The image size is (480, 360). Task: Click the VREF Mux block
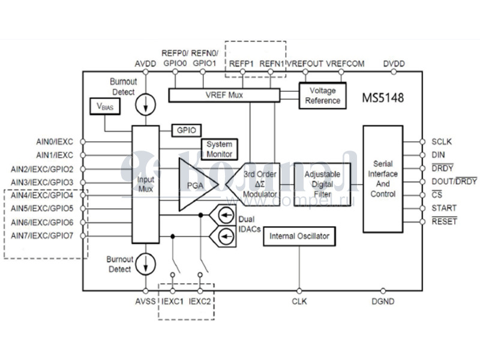coord(224,95)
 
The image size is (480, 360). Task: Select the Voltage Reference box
coord(322,95)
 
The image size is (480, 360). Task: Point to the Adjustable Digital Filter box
coord(322,184)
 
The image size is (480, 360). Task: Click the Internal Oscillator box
coord(299,236)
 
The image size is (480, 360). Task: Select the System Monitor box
coord(219,149)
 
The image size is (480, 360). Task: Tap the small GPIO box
coord(187,130)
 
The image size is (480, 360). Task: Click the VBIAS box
coord(104,106)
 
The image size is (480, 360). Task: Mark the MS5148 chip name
coord(383,97)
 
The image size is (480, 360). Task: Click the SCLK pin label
coord(441,142)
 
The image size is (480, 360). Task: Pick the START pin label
coord(444,208)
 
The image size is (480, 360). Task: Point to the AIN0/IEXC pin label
coord(54,142)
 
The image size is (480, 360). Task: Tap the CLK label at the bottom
coord(299,301)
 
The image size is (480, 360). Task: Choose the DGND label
coord(383,301)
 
